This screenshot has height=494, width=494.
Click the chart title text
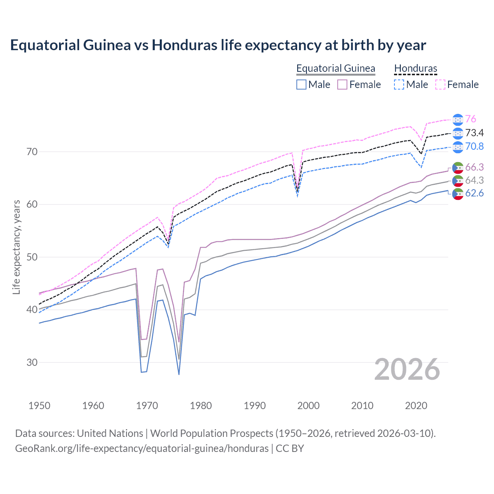[218, 45]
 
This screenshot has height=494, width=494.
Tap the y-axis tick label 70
[32, 152]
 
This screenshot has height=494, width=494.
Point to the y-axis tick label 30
[32, 362]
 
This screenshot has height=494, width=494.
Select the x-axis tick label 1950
[39, 406]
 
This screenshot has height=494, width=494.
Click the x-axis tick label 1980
[201, 406]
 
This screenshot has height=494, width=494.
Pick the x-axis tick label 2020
[416, 406]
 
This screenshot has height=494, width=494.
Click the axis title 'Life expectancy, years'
[17, 247]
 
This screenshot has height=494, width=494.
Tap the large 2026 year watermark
[407, 370]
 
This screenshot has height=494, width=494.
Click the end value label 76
[470, 119]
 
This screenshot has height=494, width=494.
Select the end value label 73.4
[474, 133]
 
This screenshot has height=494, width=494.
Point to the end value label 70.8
[474, 147]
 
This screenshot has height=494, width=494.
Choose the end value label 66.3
[474, 167]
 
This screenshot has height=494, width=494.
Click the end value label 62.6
[474, 193]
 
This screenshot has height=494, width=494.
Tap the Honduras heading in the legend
[416, 69]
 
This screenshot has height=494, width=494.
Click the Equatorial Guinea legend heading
[336, 69]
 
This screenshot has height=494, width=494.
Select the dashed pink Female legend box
[440, 85]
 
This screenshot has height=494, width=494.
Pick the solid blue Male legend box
[301, 85]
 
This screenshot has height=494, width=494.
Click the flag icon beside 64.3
[458, 181]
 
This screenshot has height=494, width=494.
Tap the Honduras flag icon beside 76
[458, 120]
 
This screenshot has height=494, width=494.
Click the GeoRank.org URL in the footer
[142, 448]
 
